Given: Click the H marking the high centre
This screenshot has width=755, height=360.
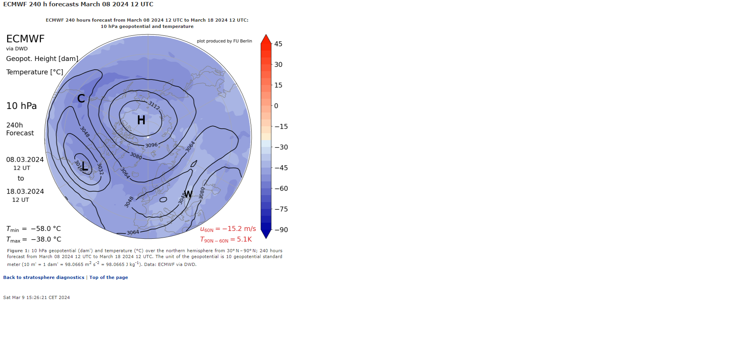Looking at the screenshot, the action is [141, 120].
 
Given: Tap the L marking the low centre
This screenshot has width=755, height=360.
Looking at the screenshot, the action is [85, 166].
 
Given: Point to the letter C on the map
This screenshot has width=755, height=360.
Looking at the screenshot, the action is [81, 98].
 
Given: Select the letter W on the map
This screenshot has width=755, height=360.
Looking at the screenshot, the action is [188, 194].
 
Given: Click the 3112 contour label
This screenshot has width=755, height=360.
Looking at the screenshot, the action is [154, 105].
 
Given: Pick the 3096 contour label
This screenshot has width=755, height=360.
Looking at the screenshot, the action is [151, 145].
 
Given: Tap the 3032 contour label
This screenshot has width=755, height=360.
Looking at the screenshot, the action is [100, 169].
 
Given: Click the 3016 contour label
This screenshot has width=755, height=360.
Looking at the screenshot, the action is [79, 166].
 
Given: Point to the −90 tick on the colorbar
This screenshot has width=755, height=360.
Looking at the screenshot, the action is [281, 230].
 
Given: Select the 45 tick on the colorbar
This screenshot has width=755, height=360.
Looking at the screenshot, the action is [278, 44].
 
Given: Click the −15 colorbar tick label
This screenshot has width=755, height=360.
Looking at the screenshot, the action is [281, 127].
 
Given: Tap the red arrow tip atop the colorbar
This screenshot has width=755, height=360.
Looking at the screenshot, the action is [266, 35].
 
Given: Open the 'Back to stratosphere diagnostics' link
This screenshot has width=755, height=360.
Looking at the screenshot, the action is [44, 277].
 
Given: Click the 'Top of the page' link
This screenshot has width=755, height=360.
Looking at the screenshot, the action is [109, 277].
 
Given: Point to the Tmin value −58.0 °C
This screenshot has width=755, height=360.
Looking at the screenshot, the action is [46, 229].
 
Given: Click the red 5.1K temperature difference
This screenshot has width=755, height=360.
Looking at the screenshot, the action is [244, 239].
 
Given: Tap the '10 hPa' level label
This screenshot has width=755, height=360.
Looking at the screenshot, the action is [22, 106].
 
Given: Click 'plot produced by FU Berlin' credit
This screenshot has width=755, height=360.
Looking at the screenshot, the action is [225, 41].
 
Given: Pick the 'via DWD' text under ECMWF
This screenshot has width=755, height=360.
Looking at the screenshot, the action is [17, 49].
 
